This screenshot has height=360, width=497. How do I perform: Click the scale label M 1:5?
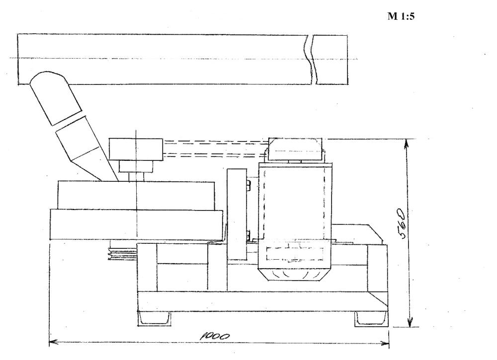(401, 16)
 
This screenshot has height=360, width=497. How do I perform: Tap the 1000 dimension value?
(215, 336)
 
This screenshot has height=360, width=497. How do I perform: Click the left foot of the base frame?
(154, 318)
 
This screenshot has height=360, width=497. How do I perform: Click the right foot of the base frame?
(371, 319)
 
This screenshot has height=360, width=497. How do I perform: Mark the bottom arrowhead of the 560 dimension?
(410, 322)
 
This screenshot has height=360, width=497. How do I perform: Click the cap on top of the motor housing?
(295, 149)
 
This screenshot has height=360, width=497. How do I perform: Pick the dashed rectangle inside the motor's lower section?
(295, 253)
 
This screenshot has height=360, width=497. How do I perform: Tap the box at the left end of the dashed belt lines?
(136, 149)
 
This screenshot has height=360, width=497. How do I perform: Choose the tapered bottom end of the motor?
(295, 274)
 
